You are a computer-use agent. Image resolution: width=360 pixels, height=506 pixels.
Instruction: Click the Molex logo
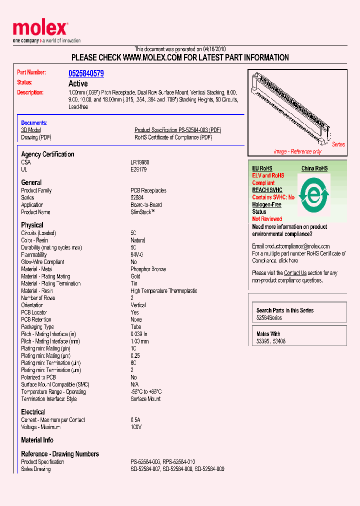40,29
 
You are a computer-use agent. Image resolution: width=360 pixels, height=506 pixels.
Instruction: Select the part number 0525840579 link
86,73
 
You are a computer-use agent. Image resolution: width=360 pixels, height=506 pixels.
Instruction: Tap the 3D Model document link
30,130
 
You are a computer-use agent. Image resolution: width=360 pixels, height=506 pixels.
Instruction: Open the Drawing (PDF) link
36,137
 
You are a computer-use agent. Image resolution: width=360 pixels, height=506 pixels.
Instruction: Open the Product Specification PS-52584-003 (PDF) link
177,130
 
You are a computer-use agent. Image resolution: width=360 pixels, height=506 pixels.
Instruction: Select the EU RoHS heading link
262,168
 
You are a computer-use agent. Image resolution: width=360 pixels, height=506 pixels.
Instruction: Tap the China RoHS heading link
314,168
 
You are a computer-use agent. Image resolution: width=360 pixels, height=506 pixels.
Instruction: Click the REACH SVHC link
267,190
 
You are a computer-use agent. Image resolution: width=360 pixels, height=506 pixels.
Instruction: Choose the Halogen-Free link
266,204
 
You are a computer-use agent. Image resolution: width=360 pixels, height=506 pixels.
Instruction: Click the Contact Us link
295,273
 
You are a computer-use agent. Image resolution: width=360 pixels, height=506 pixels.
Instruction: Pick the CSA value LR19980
140,162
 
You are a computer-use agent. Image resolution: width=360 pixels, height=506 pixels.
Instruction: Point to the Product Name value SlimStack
143,212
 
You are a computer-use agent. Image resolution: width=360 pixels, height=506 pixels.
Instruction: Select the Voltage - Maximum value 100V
136,427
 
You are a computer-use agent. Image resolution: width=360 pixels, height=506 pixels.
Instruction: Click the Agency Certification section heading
47,154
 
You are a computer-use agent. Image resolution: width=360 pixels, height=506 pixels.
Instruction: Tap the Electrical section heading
33,412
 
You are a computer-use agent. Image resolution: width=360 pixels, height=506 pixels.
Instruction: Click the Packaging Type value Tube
136,327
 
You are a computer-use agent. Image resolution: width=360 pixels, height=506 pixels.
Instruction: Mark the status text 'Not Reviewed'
267,219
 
